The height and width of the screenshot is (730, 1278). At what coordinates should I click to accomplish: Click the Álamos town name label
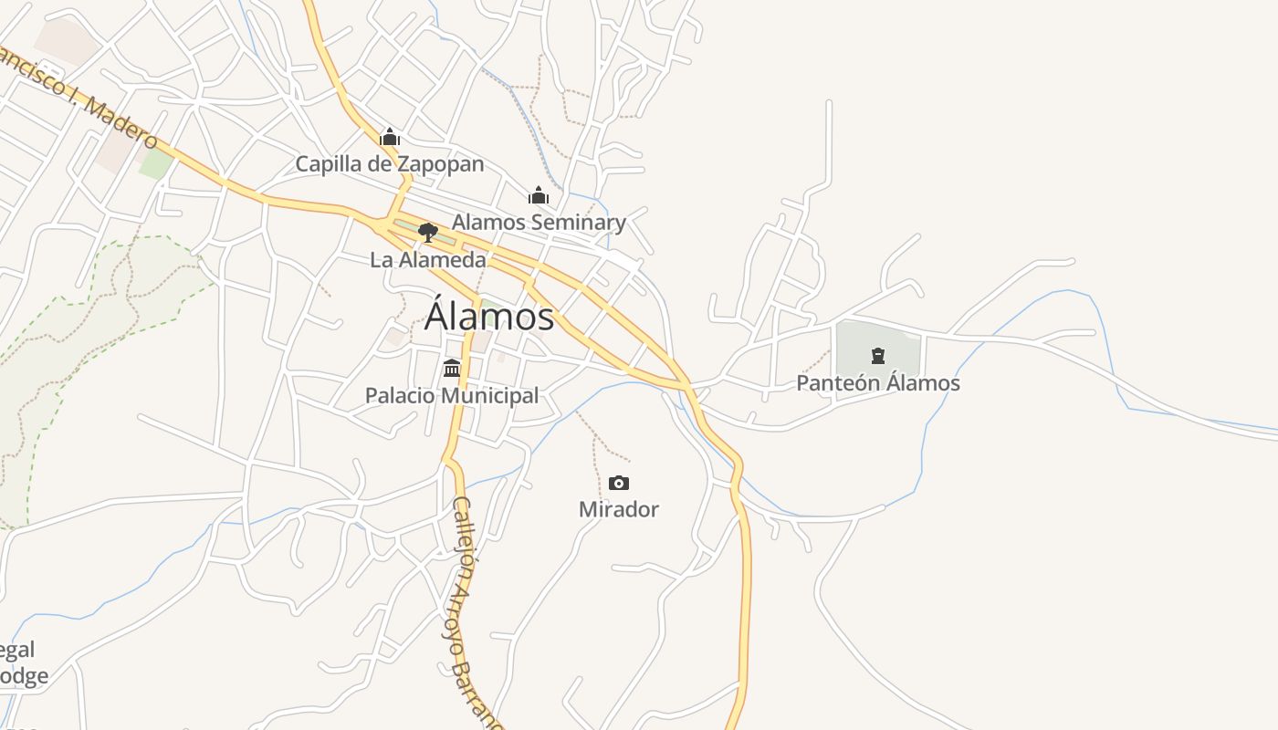coord(489,317)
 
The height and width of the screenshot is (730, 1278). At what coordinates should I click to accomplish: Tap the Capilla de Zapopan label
coord(389,164)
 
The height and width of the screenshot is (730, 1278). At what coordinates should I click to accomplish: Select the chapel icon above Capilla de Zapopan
coord(390,138)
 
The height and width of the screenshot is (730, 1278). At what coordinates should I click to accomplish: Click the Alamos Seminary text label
coord(539,222)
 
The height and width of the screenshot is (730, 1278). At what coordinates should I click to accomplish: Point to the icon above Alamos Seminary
coord(538,195)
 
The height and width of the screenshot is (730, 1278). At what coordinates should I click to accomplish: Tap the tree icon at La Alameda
coord(427,233)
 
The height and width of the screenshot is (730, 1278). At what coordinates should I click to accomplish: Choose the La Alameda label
coord(428,260)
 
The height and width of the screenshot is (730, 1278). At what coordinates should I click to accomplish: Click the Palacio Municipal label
coord(452,396)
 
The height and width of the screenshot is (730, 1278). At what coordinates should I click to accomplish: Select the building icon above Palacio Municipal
coord(452,369)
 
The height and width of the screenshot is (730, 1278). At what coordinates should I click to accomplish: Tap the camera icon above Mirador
coord(619,483)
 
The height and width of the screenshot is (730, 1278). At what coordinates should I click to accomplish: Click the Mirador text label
coord(619,509)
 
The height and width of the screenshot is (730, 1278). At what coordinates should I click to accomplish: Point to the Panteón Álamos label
coord(878,383)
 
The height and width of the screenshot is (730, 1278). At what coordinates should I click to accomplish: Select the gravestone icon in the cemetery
coord(878,356)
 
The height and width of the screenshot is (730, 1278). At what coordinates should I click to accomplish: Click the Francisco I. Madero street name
coord(78,96)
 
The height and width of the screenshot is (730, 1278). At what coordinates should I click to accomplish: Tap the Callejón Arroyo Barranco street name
coord(476,611)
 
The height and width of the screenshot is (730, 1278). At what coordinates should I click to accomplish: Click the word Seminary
coord(579,222)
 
